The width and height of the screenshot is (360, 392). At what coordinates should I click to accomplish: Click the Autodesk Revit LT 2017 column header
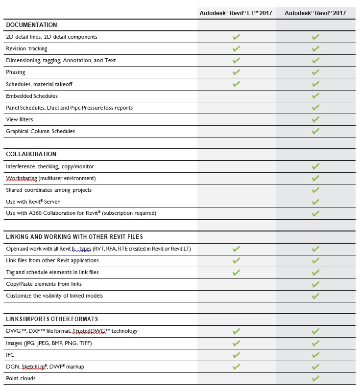click(x=236, y=13)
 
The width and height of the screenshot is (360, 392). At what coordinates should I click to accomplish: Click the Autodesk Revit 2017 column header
click(x=315, y=13)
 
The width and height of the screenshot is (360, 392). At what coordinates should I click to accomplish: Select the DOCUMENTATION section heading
click(x=31, y=25)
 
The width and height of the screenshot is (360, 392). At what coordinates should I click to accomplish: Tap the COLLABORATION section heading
click(x=31, y=154)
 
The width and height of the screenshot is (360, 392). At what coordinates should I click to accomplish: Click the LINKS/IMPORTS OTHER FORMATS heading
click(x=52, y=319)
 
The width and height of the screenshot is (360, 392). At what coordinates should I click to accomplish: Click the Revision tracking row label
click(x=26, y=48)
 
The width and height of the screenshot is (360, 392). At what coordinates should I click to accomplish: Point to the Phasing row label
click(x=15, y=72)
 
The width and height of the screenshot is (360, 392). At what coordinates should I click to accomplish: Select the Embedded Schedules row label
click(x=32, y=96)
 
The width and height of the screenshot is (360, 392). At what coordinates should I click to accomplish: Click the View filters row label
click(x=20, y=119)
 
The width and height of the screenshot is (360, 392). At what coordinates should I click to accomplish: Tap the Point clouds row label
click(x=21, y=378)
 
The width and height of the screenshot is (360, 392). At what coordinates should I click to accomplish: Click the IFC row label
click(x=10, y=355)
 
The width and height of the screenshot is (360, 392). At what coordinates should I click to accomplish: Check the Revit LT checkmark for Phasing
click(x=236, y=72)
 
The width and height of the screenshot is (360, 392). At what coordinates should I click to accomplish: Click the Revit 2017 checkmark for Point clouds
click(x=315, y=378)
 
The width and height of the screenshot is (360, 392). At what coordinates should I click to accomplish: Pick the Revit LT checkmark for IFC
click(x=236, y=355)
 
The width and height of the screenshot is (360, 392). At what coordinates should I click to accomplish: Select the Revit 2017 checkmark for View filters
click(x=315, y=119)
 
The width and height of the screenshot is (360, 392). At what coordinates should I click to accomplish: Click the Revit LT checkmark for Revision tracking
click(x=236, y=48)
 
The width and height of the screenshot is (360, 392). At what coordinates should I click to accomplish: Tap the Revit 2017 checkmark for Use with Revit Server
click(x=315, y=202)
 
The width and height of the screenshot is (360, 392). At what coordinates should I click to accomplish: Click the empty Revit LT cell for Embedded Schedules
click(x=236, y=96)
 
